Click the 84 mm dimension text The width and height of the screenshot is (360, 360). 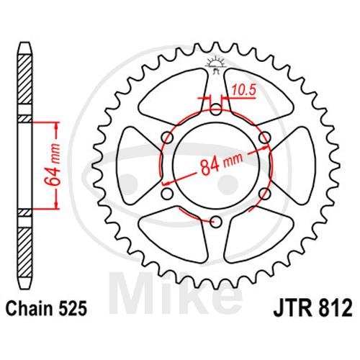pos(221,163)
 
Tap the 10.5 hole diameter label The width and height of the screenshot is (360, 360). pos(243,91)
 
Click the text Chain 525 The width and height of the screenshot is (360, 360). pos(46,309)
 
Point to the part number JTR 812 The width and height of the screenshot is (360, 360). pos(312,309)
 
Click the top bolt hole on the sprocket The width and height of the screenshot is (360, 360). pos(216,109)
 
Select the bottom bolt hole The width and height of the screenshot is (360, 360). pos(216,222)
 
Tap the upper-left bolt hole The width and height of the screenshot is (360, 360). pos(168,138)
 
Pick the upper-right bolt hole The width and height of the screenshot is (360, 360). pos(265,138)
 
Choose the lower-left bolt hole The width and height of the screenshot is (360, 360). pos(168,194)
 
